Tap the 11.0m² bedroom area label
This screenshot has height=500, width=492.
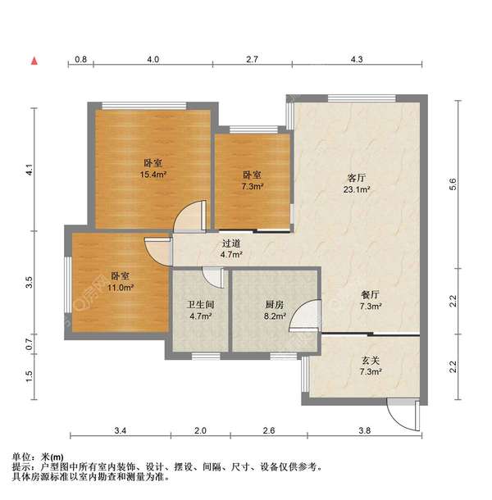(x=121, y=288)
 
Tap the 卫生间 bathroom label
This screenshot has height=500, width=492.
(x=201, y=304)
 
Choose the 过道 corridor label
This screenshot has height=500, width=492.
(x=231, y=243)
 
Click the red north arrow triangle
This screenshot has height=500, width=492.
(x=34, y=60)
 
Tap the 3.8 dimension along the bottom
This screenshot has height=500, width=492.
(x=365, y=430)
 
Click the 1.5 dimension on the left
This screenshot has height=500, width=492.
(x=29, y=375)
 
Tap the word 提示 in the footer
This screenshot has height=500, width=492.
(x=21, y=467)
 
